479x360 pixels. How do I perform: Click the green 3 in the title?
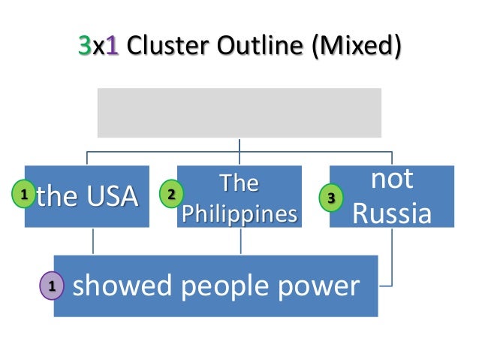coord(84,47)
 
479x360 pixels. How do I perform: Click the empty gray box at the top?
coord(239,113)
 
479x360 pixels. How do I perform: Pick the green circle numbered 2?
coord(171,195)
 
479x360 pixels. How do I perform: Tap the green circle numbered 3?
coord(332,198)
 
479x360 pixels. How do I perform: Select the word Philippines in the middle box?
coord(239,213)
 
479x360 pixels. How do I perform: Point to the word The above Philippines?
coord(239,183)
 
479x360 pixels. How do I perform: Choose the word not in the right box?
coord(392,180)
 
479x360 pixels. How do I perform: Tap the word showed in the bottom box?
coord(119,286)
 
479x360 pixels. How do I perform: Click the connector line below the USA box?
coord(93,241)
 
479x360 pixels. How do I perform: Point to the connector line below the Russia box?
coord(392,256)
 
